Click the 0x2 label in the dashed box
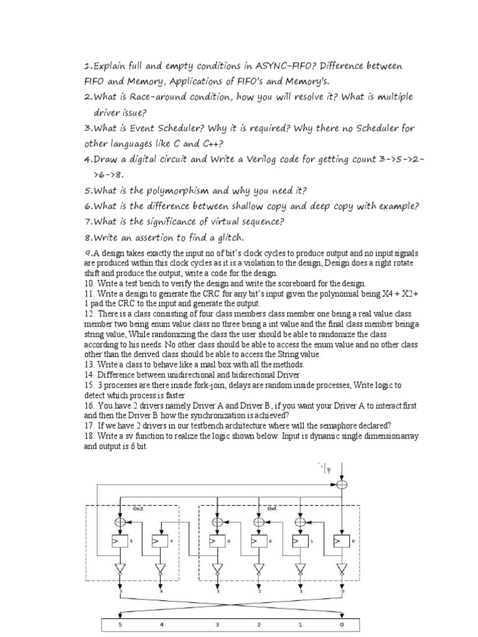tap(138, 508)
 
